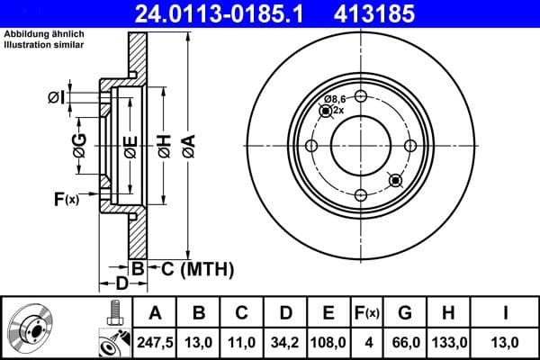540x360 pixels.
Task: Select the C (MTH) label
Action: (x=197, y=268)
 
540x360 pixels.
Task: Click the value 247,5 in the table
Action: (x=155, y=341)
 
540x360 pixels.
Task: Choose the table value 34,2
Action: (x=285, y=341)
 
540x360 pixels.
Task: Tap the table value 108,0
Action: (x=328, y=341)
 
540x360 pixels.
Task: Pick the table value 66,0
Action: (x=406, y=341)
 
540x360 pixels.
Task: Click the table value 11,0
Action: (x=242, y=341)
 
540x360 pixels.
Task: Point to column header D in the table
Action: (x=285, y=313)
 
